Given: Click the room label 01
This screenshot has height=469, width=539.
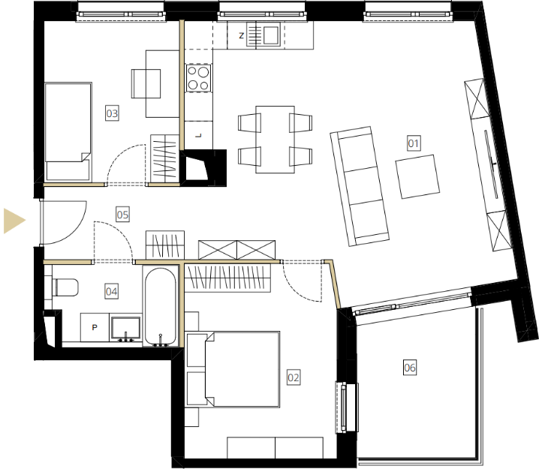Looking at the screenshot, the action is point(413,143).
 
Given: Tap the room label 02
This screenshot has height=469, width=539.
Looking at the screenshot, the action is point(294,377).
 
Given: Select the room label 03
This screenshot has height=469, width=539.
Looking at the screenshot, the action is point(112,113).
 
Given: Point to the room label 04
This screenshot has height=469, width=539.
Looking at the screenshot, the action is point(111,292).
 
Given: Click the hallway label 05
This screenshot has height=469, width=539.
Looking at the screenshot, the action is point(122,215).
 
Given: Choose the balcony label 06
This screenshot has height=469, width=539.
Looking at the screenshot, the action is point(410,368).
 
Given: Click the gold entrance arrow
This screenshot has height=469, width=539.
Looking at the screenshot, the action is point(14,221).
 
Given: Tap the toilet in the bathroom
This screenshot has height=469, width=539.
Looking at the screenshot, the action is point(65,287).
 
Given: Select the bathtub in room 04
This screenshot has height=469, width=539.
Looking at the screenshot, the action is point(161,306).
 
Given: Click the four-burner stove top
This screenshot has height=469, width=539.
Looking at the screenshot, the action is point(198,78).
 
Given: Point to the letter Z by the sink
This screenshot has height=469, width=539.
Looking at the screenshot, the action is point(241,35).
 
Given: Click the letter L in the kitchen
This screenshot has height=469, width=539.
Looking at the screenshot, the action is point(198,136).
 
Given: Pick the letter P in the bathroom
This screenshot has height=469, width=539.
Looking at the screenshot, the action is point(95,327).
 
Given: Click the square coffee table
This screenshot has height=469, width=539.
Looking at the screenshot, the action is point(417,176).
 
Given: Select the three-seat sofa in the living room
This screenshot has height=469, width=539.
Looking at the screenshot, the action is point(360,186).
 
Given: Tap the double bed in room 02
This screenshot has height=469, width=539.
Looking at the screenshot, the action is point(242,369).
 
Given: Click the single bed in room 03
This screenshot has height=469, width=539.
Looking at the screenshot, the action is point(68,131).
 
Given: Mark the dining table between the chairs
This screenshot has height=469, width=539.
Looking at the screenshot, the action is point(275,140).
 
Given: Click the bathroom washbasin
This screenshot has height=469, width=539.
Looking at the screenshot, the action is point(125,328).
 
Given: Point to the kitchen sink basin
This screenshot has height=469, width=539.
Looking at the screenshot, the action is point(271,35).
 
